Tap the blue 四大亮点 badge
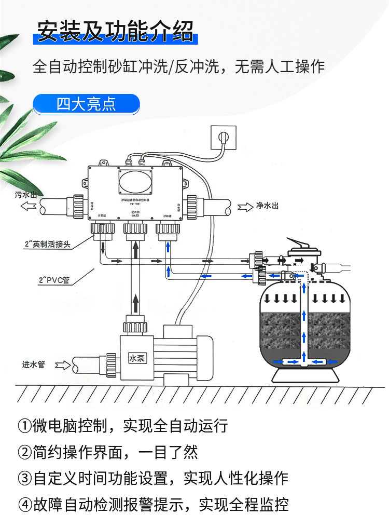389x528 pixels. (86, 104)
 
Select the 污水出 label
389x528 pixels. (26, 195)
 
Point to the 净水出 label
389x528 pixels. (267, 207)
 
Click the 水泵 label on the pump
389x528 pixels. (138, 358)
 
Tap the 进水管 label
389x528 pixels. (34, 364)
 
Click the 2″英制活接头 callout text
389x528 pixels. (47, 244)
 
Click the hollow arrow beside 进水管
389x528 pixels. (62, 364)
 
